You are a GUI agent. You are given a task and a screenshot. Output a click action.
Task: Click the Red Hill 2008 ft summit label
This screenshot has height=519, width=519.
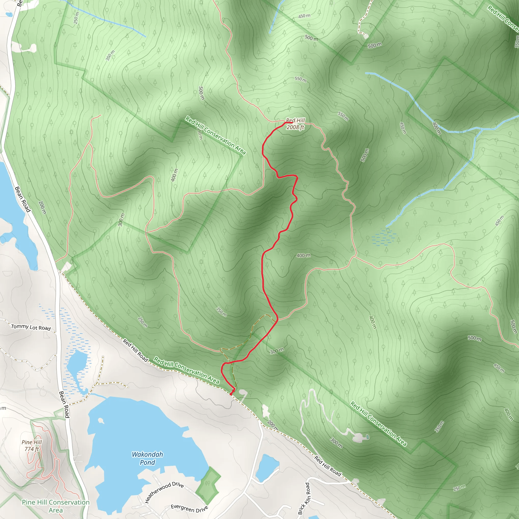pyautogui.click(x=295, y=124)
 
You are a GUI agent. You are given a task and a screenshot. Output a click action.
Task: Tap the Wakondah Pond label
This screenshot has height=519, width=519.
pyautogui.click(x=147, y=458)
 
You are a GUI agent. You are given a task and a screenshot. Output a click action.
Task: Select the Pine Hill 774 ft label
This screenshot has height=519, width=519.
pyautogui.click(x=32, y=446)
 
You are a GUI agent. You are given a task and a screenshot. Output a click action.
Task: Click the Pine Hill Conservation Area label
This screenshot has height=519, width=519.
pyautogui.click(x=55, y=506)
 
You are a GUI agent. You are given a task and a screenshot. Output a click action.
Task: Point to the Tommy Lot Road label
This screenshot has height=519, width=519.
pyautogui.click(x=31, y=327)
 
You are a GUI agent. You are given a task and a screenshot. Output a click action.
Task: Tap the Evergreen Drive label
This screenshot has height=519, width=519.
pyautogui.click(x=189, y=508)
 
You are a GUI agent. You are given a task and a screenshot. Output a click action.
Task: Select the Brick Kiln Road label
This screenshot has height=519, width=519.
pyautogui.click(x=304, y=498)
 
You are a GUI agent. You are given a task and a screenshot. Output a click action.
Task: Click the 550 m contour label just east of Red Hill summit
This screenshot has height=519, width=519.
pyautogui.click(x=343, y=116)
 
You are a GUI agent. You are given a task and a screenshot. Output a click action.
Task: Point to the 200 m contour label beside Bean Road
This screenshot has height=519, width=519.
pyautogui.click(x=42, y=207)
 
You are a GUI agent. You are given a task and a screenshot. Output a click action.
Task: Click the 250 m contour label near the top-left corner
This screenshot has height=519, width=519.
pyautogui.click(x=76, y=18)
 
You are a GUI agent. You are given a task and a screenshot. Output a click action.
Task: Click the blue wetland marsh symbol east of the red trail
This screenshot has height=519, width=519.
pyautogui.click(x=384, y=237)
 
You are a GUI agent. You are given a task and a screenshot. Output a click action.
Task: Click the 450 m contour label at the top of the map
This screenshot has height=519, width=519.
pyautogui.click(x=304, y=16)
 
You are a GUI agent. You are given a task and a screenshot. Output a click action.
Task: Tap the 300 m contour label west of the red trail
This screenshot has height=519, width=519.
pyautogui.click(x=121, y=219)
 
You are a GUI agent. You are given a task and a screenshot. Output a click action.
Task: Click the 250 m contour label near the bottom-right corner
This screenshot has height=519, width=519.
pyautogui.click(x=459, y=488)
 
